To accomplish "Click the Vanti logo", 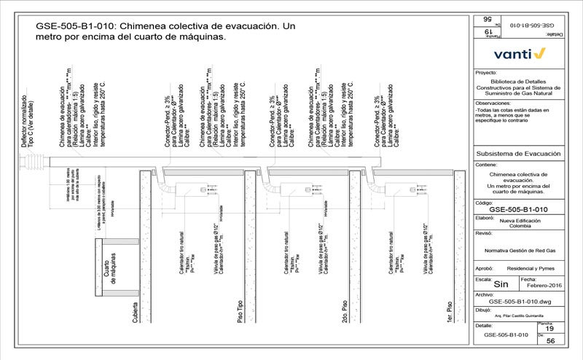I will pos(520,53).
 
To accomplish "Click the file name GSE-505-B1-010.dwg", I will pos(518,300).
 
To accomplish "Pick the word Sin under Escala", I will pos(501,285).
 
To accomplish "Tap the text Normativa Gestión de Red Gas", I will pos(517,249).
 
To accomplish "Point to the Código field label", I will pos(484,202).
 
